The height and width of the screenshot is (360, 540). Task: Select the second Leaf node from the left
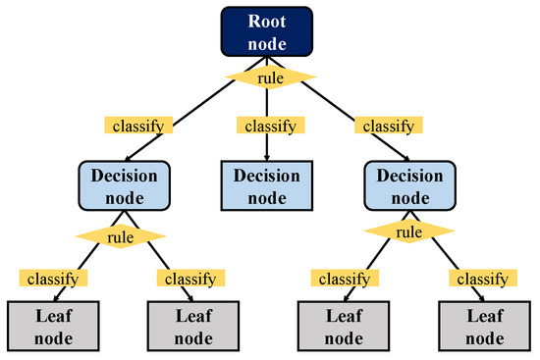191,327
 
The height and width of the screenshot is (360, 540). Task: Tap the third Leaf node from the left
341,327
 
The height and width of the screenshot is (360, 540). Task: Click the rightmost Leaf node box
481,327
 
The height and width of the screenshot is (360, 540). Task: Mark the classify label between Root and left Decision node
139,126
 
